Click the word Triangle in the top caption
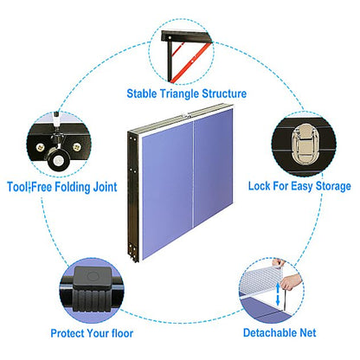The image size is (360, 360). pos(179,94)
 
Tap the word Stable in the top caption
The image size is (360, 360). pos(142,93)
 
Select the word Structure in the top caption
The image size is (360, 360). pos(224,93)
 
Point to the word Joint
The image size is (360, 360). pos(105,187)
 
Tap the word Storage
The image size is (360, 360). pos(333,186)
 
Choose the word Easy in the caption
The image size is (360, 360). pos(302,186)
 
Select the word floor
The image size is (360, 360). pos(122,333)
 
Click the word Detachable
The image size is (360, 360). pos(270,332)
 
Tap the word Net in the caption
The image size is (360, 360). pos(308,332)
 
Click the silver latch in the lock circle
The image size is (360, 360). pos(304,144)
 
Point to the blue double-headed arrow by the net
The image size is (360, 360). pos(278,293)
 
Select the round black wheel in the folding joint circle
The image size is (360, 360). pos(59,160)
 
